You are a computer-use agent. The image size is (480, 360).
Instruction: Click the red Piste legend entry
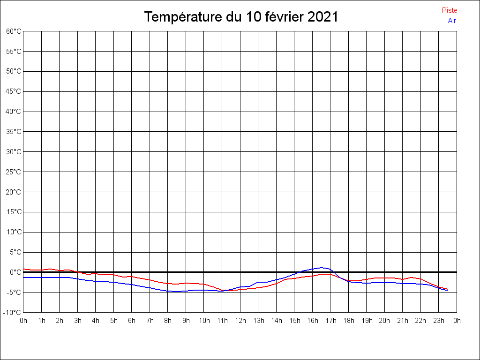pos(449,10)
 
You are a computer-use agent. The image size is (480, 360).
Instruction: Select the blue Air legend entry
pos(452,21)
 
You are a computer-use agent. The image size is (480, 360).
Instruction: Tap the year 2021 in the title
pos(323,17)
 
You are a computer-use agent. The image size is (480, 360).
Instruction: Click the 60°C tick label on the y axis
pos(14,31)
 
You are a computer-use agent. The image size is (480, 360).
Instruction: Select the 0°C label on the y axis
pos(15,272)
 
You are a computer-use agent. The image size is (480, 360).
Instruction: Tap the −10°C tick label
pos(13,313)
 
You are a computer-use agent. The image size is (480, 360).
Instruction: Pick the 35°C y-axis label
pos(14,132)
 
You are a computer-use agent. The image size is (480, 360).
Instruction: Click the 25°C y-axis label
pos(14,172)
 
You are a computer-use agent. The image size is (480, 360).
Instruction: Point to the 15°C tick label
pos(14,212)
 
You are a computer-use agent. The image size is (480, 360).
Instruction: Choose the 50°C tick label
pos(14,71)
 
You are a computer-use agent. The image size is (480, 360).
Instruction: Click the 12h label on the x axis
pos(240,321)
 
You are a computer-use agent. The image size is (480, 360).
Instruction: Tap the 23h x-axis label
pos(439,321)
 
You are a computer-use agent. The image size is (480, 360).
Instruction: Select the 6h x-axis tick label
pos(132,321)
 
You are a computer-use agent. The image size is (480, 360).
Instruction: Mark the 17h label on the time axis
pos(330,321)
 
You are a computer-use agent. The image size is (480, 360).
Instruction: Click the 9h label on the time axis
pos(186,321)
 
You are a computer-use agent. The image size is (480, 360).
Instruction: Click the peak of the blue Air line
pos(322,268)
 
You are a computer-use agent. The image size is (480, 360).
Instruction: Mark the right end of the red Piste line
pos(448,289)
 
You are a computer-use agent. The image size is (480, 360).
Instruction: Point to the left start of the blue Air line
pos(23,277)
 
